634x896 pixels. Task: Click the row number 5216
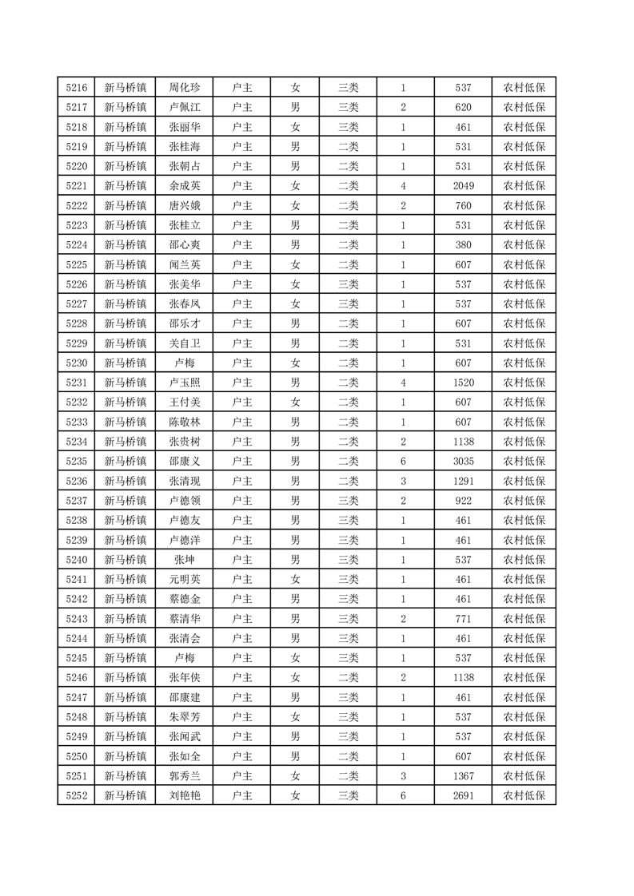coord(76,88)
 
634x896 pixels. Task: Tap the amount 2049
coord(464,186)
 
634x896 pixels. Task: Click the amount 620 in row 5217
coord(464,107)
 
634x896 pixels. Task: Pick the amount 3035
coord(464,461)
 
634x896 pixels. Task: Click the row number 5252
coord(76,795)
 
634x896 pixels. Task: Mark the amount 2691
coord(464,795)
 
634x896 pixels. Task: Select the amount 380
coord(464,245)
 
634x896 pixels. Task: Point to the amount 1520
coord(464,383)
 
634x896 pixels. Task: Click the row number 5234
coord(76,442)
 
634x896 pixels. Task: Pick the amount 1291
coord(464,481)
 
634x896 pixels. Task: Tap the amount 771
coord(464,618)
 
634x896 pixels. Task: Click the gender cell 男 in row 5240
coord(295,559)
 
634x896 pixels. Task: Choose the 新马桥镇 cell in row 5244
coord(126,638)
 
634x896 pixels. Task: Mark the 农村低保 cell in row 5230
coord(524,363)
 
